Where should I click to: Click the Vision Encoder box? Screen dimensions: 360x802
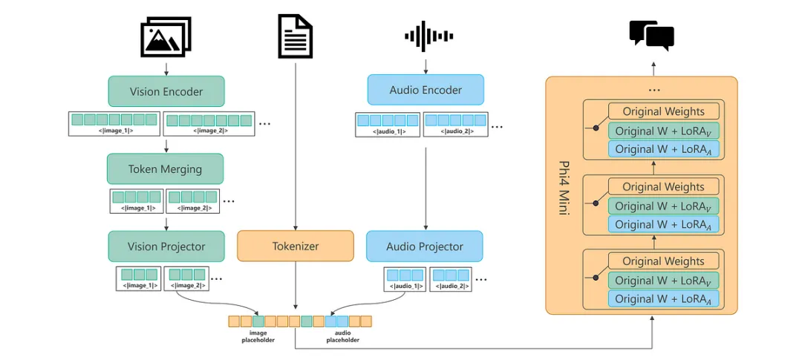pyautogui.click(x=166, y=92)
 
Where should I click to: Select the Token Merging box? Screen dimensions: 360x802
pyautogui.click(x=165, y=168)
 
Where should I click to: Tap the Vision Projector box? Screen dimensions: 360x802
pyautogui.click(x=166, y=246)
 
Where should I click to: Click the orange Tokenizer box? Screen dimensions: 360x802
pyautogui.click(x=296, y=246)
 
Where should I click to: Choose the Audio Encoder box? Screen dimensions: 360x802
pyautogui.click(x=426, y=90)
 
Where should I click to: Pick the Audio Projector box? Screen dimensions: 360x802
pyautogui.click(x=425, y=246)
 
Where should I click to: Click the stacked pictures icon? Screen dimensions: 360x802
pyautogui.click(x=166, y=37)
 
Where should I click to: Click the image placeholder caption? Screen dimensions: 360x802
pyautogui.click(x=258, y=336)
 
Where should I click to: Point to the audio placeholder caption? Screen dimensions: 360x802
pyautogui.click(x=342, y=336)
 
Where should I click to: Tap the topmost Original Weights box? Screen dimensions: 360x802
pyautogui.click(x=664, y=111)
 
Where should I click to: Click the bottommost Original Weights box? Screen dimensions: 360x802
pyautogui.click(x=664, y=261)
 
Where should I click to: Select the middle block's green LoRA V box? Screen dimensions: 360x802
pyautogui.click(x=664, y=206)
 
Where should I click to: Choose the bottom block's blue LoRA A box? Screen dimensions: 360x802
pyautogui.click(x=664, y=298)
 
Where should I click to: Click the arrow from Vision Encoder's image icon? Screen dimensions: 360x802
pyautogui.click(x=166, y=68)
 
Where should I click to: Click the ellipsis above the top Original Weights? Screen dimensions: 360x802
pyautogui.click(x=653, y=90)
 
